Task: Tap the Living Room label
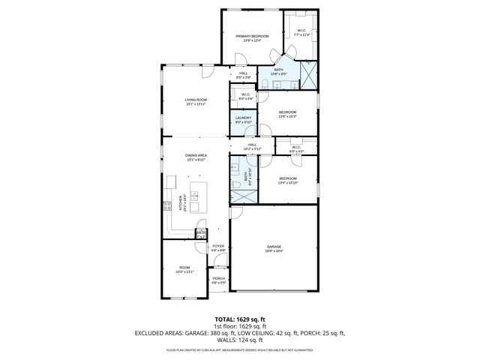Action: [x=196, y=101]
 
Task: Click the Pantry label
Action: [x=200, y=234]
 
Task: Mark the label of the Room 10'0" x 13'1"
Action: [x=184, y=269]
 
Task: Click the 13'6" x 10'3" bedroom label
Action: [x=288, y=114]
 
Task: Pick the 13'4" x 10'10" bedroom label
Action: [x=288, y=180]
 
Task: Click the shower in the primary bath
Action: [x=308, y=75]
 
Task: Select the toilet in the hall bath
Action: [x=235, y=183]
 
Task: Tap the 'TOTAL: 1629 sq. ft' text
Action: [x=240, y=319]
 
